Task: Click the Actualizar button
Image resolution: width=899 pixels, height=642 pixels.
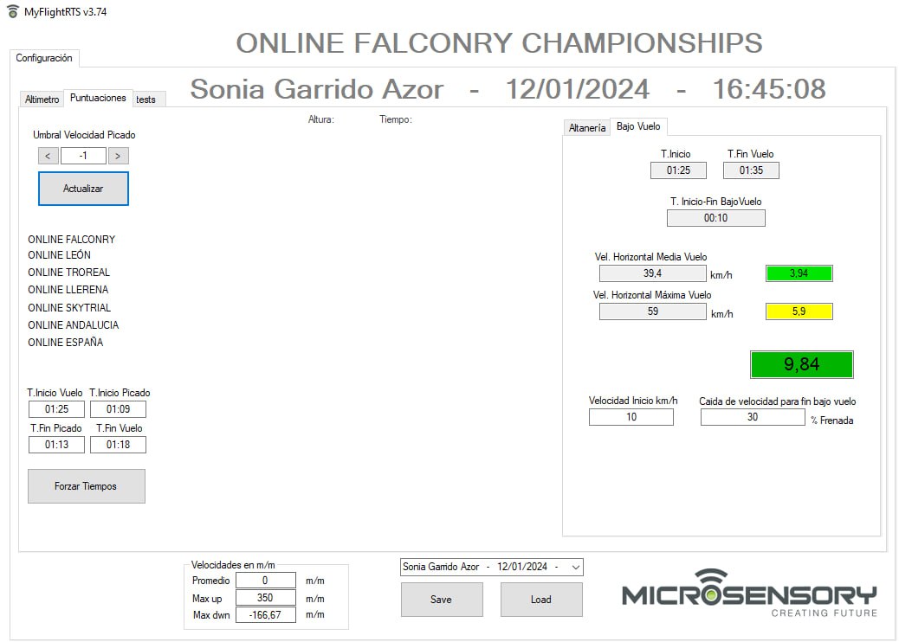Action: point(83,189)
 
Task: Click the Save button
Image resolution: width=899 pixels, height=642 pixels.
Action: point(442,600)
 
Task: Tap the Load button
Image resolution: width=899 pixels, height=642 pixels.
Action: point(541,600)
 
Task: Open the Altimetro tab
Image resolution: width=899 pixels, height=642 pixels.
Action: point(42,100)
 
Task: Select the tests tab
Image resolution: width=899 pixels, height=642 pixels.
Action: point(146,100)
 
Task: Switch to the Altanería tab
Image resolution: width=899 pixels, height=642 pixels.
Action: point(586,128)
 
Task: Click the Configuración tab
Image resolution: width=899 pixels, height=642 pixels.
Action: point(44,58)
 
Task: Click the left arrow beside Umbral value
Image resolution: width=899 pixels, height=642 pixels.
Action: point(49,156)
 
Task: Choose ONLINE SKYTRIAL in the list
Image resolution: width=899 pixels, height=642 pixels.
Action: point(69,307)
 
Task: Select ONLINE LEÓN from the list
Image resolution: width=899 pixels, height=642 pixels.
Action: point(59,255)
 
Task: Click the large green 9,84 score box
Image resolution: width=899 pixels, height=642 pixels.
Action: point(801,364)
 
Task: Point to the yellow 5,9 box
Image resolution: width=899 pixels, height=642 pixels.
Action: point(799,311)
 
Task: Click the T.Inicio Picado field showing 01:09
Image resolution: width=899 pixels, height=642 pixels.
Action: point(118,409)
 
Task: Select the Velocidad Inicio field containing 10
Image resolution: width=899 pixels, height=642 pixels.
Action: point(631,417)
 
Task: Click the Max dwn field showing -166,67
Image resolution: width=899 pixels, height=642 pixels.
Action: point(266,614)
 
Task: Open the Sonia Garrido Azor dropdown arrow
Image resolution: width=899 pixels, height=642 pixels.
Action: point(576,567)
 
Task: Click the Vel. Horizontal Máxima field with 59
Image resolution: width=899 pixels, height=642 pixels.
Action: point(652,311)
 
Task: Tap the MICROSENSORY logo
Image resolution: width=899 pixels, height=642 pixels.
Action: point(749,594)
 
